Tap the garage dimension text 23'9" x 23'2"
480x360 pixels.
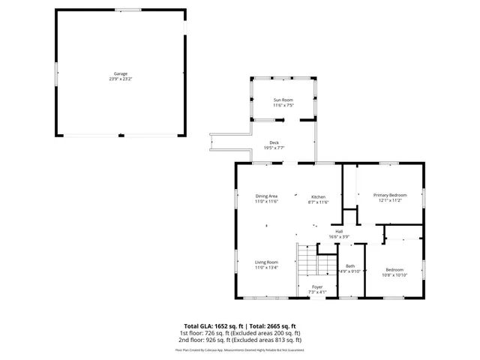[120, 79]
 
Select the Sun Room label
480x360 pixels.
[283, 100]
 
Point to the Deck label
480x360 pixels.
[274, 142]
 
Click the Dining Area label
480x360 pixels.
[266, 196]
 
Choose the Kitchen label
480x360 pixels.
[319, 196]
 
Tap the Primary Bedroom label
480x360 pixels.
[390, 195]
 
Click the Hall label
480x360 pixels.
[339, 231]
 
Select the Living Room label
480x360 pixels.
[266, 262]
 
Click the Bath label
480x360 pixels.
[350, 265]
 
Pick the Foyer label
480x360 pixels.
[317, 286]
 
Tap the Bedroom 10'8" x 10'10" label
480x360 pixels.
[394, 270]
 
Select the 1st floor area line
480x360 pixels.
[240, 333]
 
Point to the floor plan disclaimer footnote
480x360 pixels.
[240, 349]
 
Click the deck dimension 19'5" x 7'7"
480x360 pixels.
[274, 148]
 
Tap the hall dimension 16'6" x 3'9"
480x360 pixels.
[339, 236]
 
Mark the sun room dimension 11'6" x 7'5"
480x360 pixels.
[283, 105]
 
